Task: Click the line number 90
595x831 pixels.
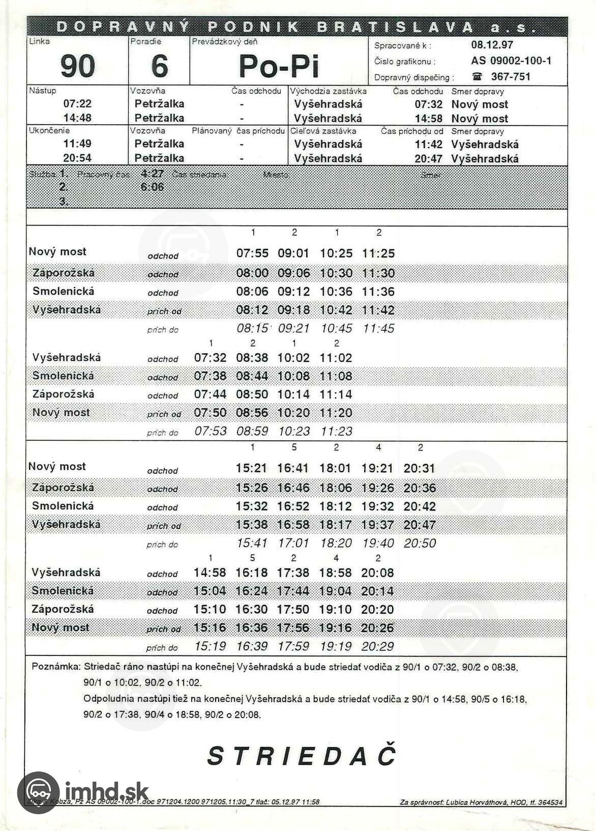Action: (77, 66)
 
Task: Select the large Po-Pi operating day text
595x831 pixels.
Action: (279, 66)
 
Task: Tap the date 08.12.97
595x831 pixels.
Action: (492, 45)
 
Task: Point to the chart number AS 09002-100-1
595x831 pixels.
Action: (511, 61)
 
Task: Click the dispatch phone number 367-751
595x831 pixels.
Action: (510, 77)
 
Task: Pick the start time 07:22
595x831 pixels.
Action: (77, 104)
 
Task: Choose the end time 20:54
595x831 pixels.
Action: (77, 158)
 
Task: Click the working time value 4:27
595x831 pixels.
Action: (152, 174)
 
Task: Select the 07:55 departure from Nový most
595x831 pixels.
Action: (252, 253)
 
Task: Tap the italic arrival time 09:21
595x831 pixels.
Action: (293, 329)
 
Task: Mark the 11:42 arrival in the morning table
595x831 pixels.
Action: (378, 310)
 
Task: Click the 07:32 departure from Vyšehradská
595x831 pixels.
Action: (210, 358)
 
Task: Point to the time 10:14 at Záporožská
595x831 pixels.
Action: (293, 394)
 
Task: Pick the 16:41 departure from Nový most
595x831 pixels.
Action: (293, 468)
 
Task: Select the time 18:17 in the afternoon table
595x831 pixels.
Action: (336, 525)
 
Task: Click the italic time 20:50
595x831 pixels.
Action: (420, 543)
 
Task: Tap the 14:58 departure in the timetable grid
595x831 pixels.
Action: (210, 572)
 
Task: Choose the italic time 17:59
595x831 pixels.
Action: (293, 646)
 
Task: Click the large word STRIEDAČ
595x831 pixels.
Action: (301, 756)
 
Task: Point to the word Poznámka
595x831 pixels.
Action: (55, 667)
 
